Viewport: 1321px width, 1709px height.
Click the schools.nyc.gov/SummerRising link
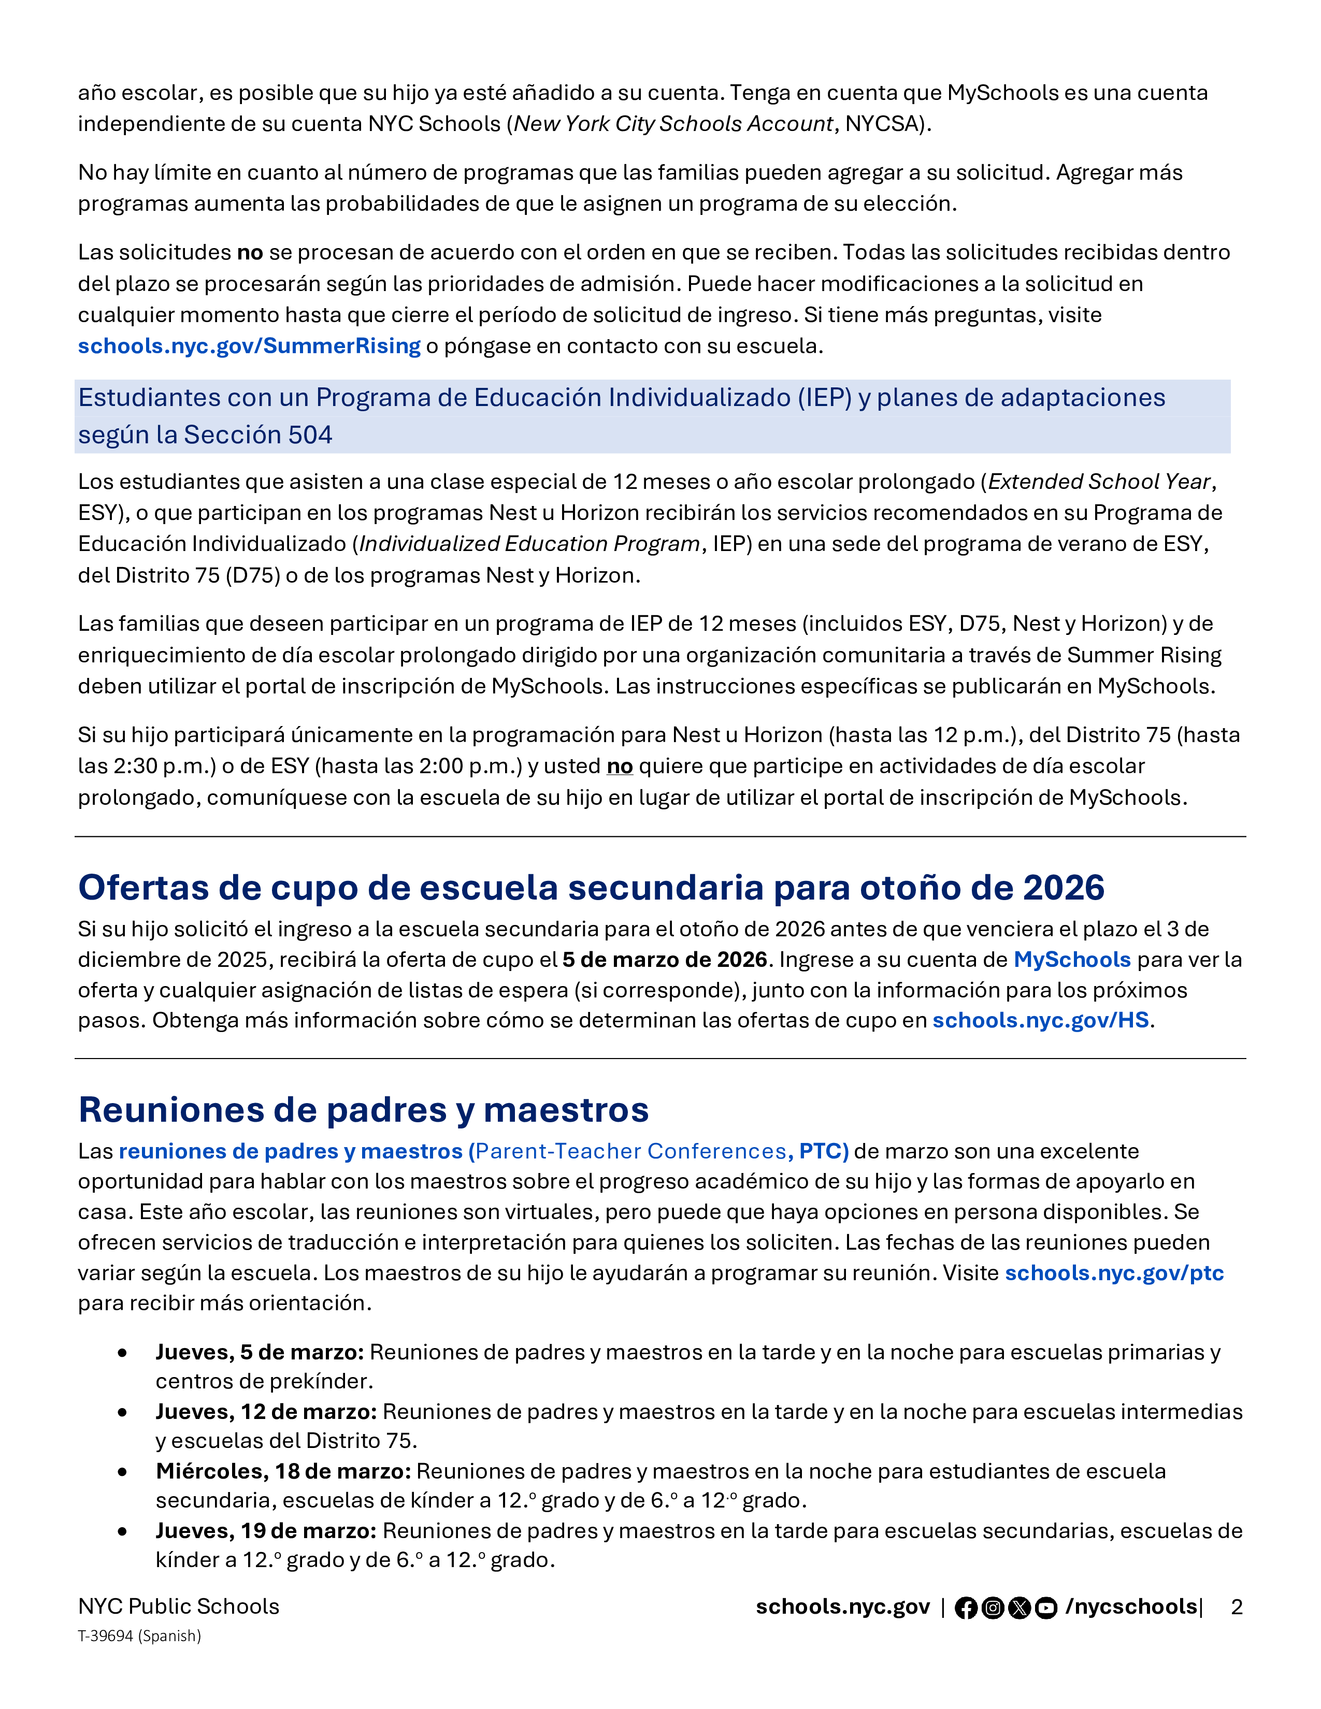pyautogui.click(x=249, y=346)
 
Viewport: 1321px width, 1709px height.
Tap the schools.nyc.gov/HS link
pyautogui.click(x=1040, y=1020)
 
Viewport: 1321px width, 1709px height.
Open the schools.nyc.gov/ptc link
pyautogui.click(x=1114, y=1273)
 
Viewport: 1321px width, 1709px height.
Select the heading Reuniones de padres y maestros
pyautogui.click(x=363, y=1110)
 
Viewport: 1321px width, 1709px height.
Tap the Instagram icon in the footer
pyautogui.click(x=993, y=1608)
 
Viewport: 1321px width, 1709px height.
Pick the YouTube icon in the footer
pyautogui.click(x=1045, y=1608)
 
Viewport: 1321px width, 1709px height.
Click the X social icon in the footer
pyautogui.click(x=1019, y=1608)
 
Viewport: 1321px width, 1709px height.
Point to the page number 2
pyautogui.click(x=1237, y=1607)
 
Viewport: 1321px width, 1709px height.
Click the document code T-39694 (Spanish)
pyautogui.click(x=139, y=1636)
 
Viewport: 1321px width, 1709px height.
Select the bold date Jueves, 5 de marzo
pyautogui.click(x=260, y=1352)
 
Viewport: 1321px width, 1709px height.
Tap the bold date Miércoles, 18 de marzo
pyautogui.click(x=283, y=1471)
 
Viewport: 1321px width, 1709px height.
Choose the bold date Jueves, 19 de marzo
pyautogui.click(x=266, y=1530)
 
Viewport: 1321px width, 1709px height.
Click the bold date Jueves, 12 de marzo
pyautogui.click(x=266, y=1412)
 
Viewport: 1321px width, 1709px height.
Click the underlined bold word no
pyautogui.click(x=620, y=766)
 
